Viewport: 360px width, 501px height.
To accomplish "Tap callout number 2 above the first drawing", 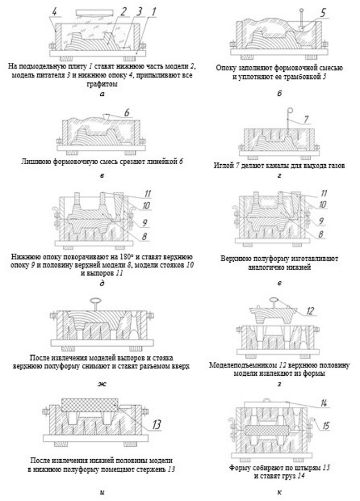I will coord(125,11).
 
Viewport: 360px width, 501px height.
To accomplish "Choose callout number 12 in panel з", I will coord(310,311).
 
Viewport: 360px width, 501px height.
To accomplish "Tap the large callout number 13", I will coord(157,424).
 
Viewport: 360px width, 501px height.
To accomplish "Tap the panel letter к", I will coord(278,492).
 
